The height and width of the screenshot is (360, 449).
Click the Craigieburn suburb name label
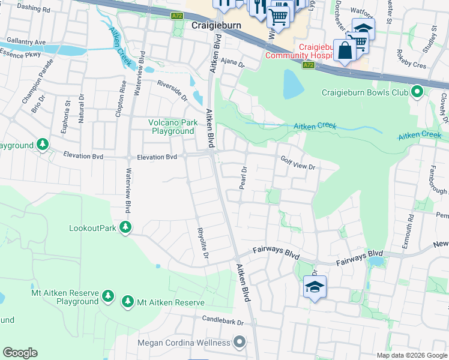(x=215, y=26)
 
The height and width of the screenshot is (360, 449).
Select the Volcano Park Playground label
(x=173, y=127)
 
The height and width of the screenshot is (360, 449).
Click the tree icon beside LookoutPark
(x=125, y=228)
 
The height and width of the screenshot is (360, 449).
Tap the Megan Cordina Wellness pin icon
(x=240, y=343)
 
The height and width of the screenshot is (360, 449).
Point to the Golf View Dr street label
(x=298, y=162)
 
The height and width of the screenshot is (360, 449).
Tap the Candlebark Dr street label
(x=223, y=321)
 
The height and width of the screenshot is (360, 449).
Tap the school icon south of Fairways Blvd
(x=315, y=287)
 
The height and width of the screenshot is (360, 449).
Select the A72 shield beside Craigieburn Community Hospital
(x=308, y=65)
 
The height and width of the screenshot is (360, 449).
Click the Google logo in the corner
(x=20, y=353)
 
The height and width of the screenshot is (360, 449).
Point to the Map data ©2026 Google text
(x=411, y=355)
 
